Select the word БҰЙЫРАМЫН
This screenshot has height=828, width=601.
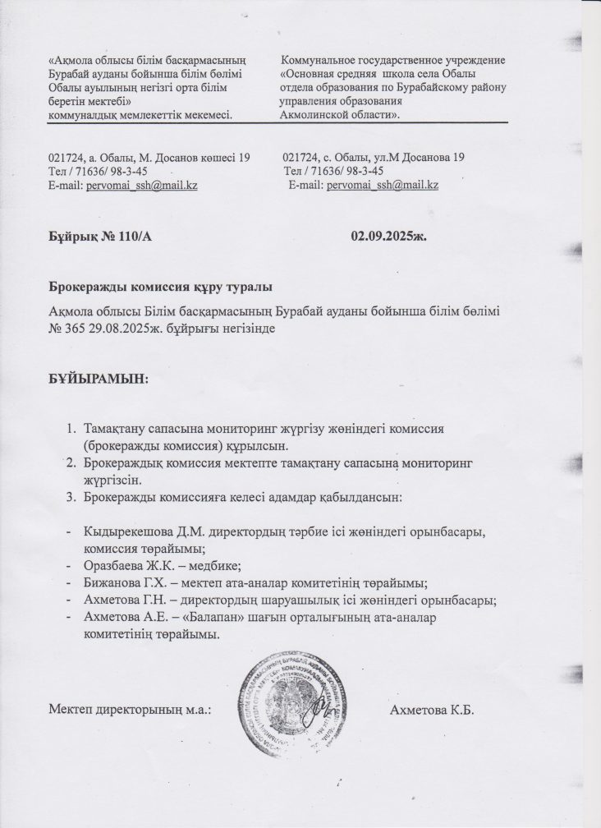[x=99, y=379]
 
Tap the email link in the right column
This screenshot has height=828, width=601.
[x=382, y=186]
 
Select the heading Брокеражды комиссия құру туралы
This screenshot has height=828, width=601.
[x=160, y=288]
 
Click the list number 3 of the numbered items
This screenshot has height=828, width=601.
[x=70, y=497]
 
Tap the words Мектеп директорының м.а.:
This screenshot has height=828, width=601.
[x=131, y=710]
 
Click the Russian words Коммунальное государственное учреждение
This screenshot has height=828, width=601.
[x=393, y=61]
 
